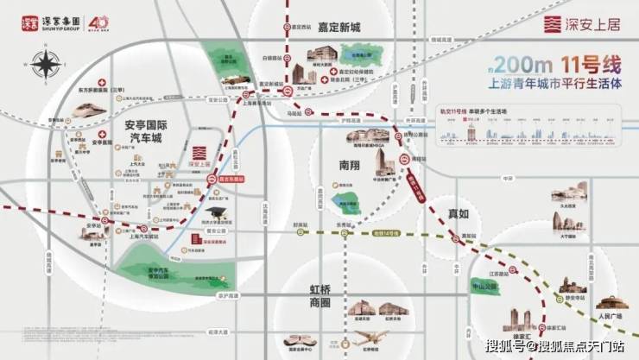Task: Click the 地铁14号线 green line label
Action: pos(386,233)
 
